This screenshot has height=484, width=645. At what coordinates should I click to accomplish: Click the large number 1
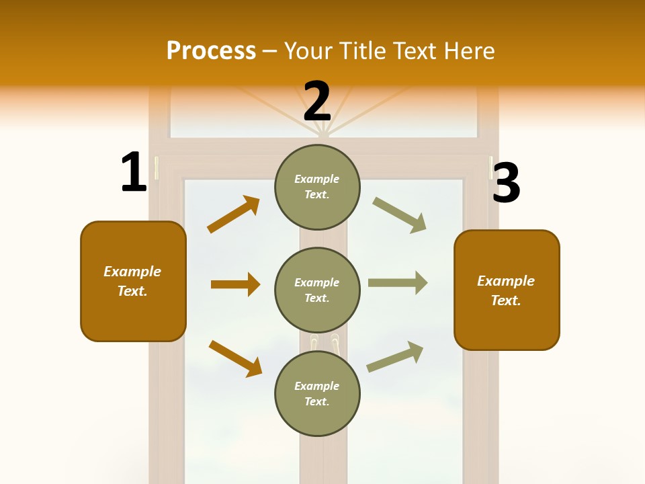[134, 173]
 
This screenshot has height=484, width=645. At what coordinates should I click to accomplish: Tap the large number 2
[317, 102]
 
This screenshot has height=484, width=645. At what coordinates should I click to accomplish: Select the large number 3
[506, 183]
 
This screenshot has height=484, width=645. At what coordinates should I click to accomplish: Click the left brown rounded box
[133, 281]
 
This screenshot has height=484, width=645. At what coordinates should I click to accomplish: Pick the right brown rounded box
[507, 290]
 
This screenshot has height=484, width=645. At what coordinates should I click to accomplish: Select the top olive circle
[317, 187]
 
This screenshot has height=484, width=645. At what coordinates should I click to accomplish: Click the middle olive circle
[317, 290]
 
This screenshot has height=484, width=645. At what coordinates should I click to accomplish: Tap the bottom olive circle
[317, 394]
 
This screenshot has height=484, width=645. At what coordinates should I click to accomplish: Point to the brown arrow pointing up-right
[234, 214]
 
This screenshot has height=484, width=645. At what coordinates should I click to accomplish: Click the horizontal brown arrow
[235, 284]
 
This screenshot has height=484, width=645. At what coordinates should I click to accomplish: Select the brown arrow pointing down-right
[235, 358]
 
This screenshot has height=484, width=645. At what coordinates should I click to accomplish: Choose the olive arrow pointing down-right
[400, 215]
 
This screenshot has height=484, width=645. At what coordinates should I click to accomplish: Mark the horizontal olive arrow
[398, 283]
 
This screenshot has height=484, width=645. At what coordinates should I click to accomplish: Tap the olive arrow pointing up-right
[395, 356]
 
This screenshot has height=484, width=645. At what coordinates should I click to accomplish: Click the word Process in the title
[211, 50]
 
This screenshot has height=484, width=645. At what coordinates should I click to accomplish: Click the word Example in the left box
[132, 272]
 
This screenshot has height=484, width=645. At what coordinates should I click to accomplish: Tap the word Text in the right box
[505, 300]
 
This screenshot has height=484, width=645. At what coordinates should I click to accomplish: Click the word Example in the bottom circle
[316, 386]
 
